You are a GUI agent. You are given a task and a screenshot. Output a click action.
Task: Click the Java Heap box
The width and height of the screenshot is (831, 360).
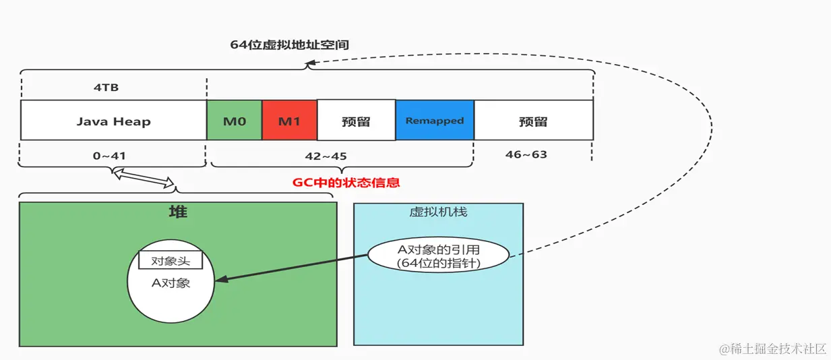(113, 121)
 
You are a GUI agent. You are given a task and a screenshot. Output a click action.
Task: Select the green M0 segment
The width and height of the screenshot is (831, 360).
(234, 121)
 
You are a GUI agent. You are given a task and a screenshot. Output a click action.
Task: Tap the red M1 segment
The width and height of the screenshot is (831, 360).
(289, 121)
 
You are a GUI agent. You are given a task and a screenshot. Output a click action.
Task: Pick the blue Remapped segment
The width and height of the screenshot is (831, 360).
(435, 121)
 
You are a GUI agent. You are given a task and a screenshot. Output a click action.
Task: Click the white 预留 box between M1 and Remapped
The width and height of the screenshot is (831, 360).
(356, 121)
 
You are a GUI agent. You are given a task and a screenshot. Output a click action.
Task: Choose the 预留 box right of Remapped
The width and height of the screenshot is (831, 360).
(533, 121)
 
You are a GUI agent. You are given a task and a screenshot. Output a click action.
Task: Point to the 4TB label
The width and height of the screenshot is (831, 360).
(106, 88)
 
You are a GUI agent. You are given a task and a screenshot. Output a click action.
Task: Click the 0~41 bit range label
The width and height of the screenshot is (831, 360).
(109, 156)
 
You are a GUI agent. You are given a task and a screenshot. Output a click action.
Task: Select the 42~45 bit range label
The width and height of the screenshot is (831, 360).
(325, 156)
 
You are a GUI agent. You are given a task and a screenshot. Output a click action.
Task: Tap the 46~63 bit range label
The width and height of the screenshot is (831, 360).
(526, 154)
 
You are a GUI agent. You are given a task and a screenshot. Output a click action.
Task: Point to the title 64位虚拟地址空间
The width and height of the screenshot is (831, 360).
(289, 45)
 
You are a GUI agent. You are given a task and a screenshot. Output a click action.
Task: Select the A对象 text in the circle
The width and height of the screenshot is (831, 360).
(171, 283)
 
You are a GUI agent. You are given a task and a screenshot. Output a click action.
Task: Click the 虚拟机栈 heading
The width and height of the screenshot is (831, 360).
(438, 212)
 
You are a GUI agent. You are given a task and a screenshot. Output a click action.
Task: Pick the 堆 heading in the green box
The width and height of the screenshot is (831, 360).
(178, 212)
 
